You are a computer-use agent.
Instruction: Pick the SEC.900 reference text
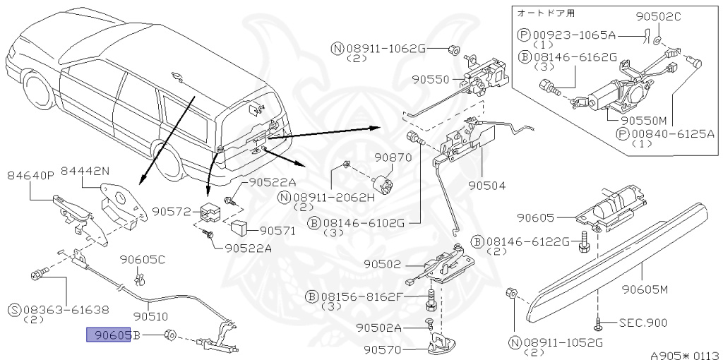click(x=642, y=323)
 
